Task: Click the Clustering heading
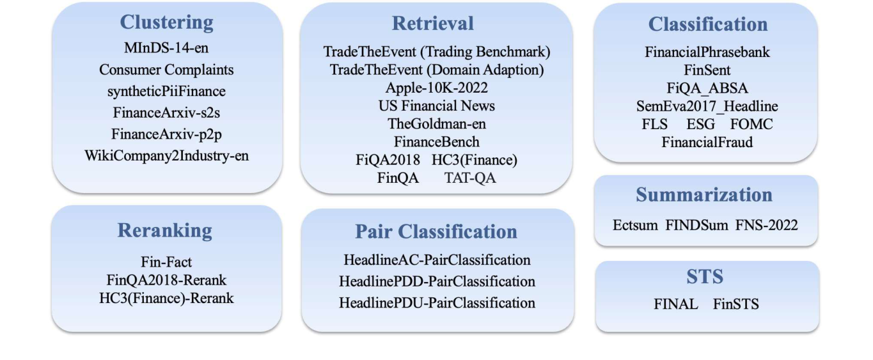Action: pyautogui.click(x=166, y=22)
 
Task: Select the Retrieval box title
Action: pyautogui.click(x=433, y=24)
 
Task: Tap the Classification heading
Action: pyautogui.click(x=707, y=24)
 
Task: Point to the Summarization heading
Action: pyautogui.click(x=704, y=195)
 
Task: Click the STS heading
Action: pyautogui.click(x=705, y=277)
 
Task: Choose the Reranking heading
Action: pyautogui.click(x=166, y=231)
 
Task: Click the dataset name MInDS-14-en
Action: pyautogui.click(x=166, y=48)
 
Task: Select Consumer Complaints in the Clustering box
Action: pyautogui.click(x=166, y=70)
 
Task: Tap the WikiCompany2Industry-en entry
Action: pyautogui.click(x=166, y=155)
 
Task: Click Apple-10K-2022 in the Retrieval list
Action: pyautogui.click(x=436, y=87)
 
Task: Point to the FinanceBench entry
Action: pyautogui.click(x=436, y=141)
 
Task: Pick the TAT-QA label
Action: pyautogui.click(x=470, y=178)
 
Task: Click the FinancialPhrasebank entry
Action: pyautogui.click(x=707, y=52)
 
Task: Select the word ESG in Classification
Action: pyautogui.click(x=701, y=124)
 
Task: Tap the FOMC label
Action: pyautogui.click(x=751, y=124)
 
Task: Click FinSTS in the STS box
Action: pyautogui.click(x=736, y=304)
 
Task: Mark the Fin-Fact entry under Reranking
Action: pyautogui.click(x=166, y=262)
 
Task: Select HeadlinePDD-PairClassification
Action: pyautogui.click(x=437, y=281)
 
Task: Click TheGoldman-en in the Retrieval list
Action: pyautogui.click(x=436, y=123)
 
